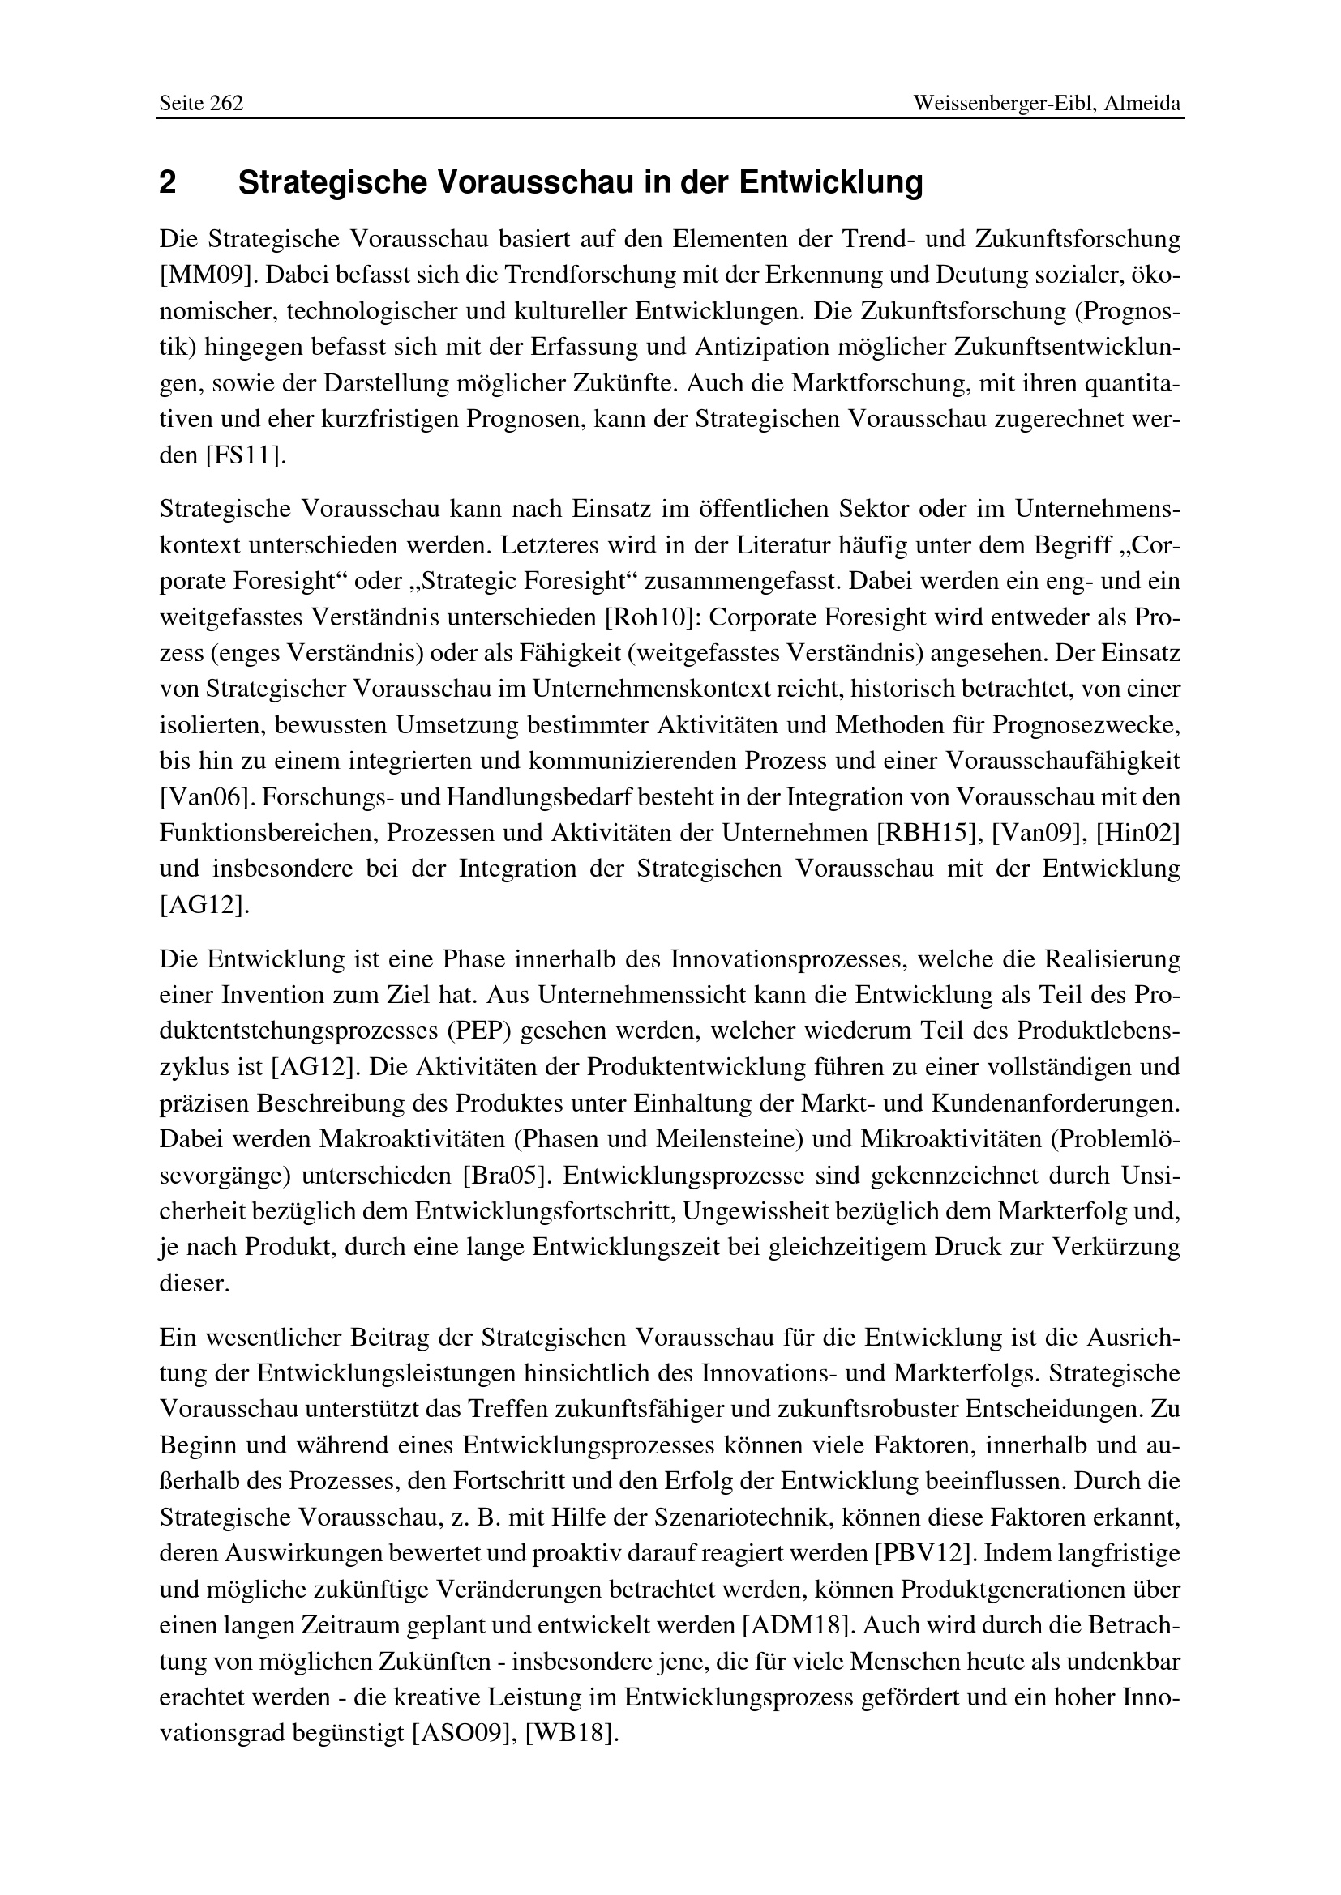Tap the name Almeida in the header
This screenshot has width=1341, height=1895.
1144,104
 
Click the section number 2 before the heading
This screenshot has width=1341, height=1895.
168,182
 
